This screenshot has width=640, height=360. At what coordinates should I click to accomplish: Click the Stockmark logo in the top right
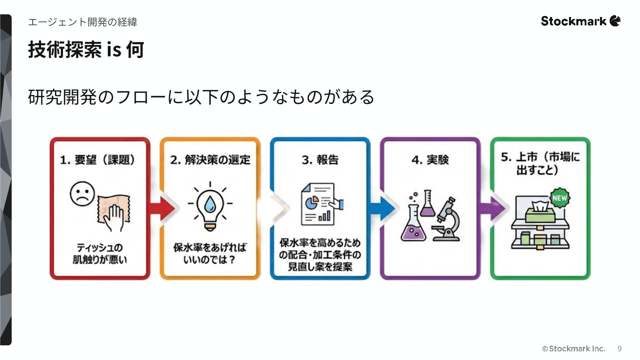click(x=580, y=21)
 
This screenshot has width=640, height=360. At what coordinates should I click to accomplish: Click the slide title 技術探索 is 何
click(x=86, y=50)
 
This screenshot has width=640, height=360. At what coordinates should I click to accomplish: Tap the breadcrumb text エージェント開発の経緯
click(x=82, y=22)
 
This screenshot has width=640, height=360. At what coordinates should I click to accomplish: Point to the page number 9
click(x=619, y=349)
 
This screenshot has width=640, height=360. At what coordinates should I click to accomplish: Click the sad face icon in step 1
click(x=82, y=194)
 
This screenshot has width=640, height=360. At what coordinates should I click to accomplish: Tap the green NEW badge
click(x=560, y=198)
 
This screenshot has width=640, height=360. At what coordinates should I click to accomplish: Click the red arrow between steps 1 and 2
click(x=162, y=209)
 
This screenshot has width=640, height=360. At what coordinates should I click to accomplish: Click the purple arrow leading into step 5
click(x=492, y=209)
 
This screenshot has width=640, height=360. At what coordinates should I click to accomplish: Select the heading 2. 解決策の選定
click(x=210, y=160)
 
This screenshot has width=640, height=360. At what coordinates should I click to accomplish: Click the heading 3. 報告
click(x=320, y=160)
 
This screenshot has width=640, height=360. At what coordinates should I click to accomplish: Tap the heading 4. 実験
click(x=430, y=160)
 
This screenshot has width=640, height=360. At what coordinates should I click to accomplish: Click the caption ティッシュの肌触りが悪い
click(x=100, y=254)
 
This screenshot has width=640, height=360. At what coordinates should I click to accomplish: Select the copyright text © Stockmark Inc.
click(x=574, y=349)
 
